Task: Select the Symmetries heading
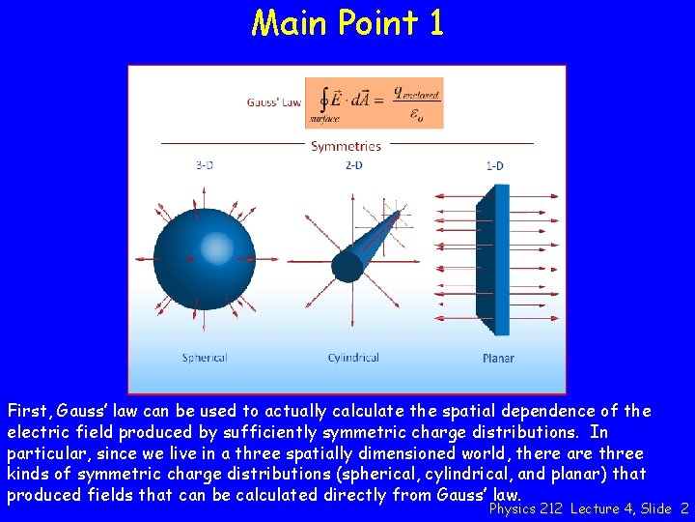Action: click(x=346, y=147)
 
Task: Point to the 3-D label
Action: click(x=204, y=165)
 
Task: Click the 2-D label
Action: click(x=354, y=165)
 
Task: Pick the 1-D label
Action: click(x=494, y=165)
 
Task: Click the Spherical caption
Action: click(x=205, y=358)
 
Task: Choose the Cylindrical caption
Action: click(x=353, y=358)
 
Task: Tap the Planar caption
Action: click(x=498, y=359)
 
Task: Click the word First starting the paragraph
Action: click(x=28, y=411)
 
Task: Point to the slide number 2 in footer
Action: click(x=683, y=508)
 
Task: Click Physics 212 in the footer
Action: click(x=527, y=508)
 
